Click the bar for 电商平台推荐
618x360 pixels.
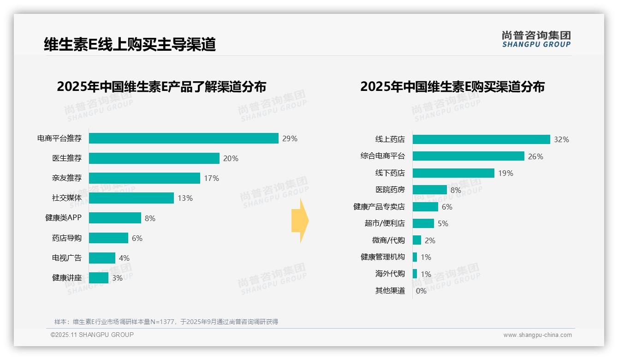click(184, 138)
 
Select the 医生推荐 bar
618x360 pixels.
click(154, 158)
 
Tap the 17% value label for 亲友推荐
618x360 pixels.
click(212, 178)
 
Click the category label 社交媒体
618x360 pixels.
click(67, 198)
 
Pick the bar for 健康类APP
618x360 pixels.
click(115, 218)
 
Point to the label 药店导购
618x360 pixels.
click(67, 238)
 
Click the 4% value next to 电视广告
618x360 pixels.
click(124, 258)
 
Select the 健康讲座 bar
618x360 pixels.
click(99, 278)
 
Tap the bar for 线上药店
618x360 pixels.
click(481, 139)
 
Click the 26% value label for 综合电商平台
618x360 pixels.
click(535, 156)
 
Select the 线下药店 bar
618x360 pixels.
click(453, 173)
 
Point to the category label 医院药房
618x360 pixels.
click(390, 190)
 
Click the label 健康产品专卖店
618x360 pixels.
click(379, 207)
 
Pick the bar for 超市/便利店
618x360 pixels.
click(423, 223)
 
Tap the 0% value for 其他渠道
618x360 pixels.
click(421, 291)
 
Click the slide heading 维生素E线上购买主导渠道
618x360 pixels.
click(130, 44)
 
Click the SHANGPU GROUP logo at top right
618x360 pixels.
click(536, 39)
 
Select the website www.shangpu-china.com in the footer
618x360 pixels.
click(537, 335)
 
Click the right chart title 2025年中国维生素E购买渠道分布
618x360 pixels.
click(452, 87)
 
